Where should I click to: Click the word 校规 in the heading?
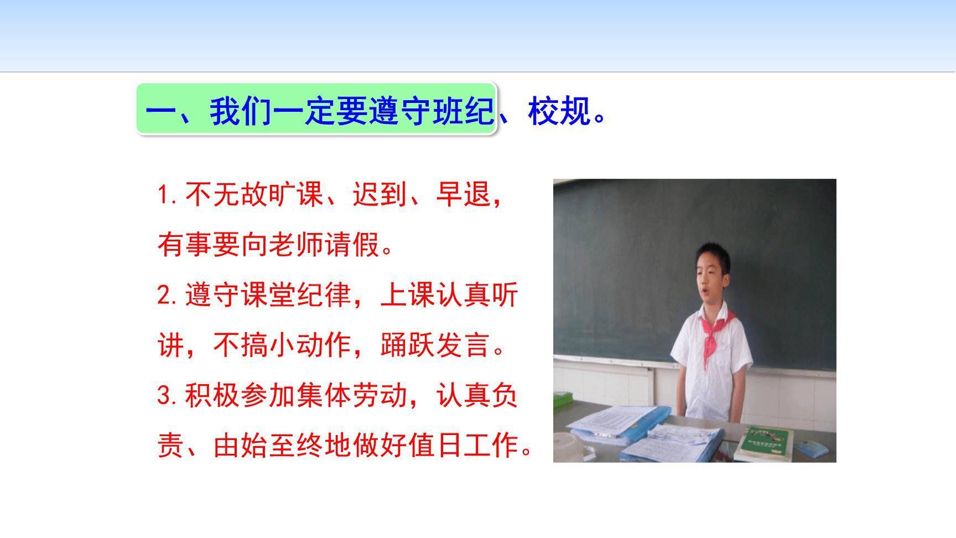pyautogui.click(x=559, y=111)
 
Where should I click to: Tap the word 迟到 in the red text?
pyautogui.click(x=380, y=195)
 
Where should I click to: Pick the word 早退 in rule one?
pyautogui.click(x=463, y=195)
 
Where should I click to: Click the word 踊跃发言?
pyautogui.click(x=435, y=345)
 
